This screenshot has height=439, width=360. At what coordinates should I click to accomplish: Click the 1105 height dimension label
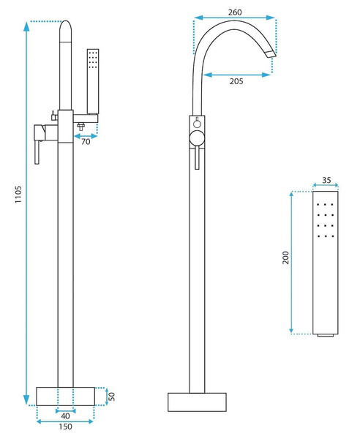(x=18, y=194)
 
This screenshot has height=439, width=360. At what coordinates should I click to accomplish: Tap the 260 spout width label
(x=235, y=12)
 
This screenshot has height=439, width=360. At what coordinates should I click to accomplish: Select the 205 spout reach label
(x=236, y=81)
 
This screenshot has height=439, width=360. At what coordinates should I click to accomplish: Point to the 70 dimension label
(x=86, y=142)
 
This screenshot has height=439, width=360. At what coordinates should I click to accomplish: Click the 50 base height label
(x=111, y=396)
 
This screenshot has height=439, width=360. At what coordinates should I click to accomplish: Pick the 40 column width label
(x=65, y=416)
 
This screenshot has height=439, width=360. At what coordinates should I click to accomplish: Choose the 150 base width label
(x=65, y=427)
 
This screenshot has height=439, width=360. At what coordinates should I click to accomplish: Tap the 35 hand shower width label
(x=326, y=180)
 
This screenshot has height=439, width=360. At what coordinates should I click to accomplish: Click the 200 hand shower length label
(x=285, y=258)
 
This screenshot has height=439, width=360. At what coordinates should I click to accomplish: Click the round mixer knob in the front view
(x=197, y=138)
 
